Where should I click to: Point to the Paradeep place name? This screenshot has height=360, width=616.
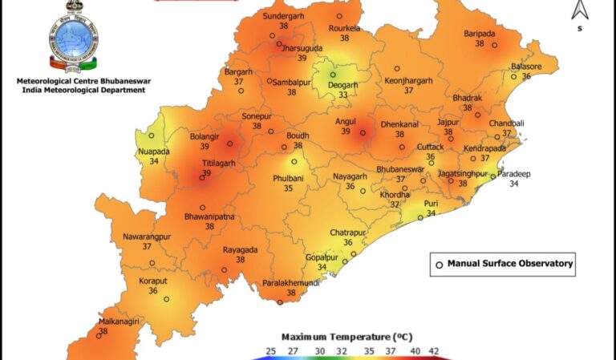coord(514,173)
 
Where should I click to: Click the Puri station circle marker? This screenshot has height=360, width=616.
coord(420,217)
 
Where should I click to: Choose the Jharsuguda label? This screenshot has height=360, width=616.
coord(302,47)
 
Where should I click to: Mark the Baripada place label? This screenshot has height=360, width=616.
coord(480,33)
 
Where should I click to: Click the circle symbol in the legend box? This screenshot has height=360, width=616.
coord(439,264)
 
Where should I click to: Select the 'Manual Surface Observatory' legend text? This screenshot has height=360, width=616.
coord(509,264)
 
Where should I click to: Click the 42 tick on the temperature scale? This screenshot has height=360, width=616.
coord(433,351)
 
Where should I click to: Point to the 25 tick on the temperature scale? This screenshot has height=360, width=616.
coord(271,351)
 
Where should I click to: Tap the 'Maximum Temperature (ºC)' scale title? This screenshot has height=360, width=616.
coord(346,336)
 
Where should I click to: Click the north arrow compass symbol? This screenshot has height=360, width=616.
coord(577,12)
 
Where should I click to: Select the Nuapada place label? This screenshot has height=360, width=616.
coord(154,151)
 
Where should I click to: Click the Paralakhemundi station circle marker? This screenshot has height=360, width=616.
coord(279,302)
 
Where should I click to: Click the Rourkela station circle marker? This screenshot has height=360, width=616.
coord(339,15)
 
